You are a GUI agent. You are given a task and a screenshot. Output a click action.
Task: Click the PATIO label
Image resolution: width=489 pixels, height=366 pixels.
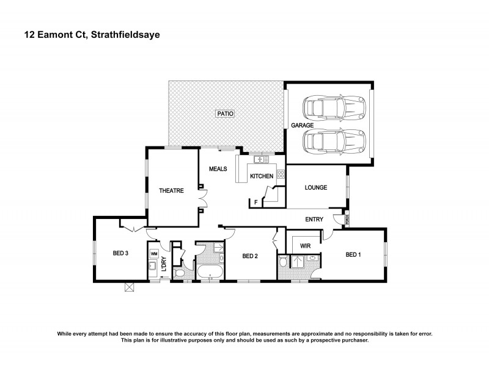pos(224,113)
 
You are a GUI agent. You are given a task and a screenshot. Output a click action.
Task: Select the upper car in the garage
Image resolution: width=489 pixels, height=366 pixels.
pos(336,109)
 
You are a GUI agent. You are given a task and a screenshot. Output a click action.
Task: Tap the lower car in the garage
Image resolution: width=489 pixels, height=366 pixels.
pos(336,143)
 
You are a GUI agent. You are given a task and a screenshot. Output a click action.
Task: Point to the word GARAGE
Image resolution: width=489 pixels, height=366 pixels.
pos(302,125)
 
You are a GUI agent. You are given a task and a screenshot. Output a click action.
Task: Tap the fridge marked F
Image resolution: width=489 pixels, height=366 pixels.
pos(256,201)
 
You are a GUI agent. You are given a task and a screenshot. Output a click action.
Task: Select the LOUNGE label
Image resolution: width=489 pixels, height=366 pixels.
pos(316,187)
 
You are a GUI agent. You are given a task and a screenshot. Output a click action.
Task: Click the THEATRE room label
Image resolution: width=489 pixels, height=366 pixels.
pos(172,191)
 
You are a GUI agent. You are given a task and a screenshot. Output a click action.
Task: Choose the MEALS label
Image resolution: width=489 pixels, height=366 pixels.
pos(218,169)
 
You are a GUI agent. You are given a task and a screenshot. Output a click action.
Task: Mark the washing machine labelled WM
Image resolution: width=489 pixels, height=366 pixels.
pos(153,253)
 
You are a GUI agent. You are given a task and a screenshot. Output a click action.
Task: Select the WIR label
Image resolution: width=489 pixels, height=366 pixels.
pos(301,246)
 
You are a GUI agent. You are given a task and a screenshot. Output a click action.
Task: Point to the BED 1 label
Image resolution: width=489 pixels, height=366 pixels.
pos(353,254)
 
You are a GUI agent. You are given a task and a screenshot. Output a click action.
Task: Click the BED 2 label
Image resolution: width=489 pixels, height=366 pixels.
pos(250,256)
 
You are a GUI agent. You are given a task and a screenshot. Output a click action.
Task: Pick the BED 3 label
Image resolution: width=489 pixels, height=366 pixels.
pos(120,253)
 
